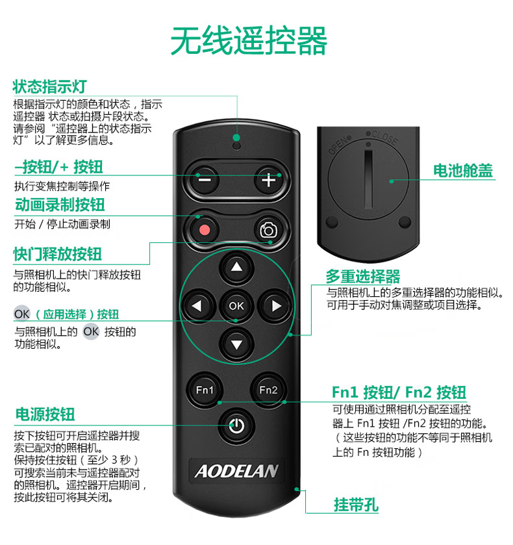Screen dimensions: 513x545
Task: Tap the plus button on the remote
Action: tap(269, 180)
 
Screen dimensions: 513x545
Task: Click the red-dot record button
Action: tap(205, 230)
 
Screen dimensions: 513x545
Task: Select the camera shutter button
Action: tap(269, 230)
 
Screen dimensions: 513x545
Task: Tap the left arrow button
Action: tap(197, 306)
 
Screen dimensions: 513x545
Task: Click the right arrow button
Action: tap(277, 306)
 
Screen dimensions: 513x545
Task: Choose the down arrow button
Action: tap(236, 344)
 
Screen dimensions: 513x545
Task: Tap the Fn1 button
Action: tap(205, 390)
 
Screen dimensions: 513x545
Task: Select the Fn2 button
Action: tap(268, 390)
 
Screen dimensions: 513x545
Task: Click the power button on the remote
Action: tap(236, 425)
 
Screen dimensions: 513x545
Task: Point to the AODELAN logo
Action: tap(236, 472)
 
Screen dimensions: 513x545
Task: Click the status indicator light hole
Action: tap(236, 146)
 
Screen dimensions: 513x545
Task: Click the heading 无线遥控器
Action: tap(249, 41)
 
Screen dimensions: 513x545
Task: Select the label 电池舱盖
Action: tap(463, 171)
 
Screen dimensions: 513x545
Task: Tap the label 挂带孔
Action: tap(356, 505)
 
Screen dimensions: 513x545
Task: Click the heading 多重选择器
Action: tap(363, 277)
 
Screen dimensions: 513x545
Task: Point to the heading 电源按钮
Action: tap(45, 414)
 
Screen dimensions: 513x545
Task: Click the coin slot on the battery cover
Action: tap(368, 179)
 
